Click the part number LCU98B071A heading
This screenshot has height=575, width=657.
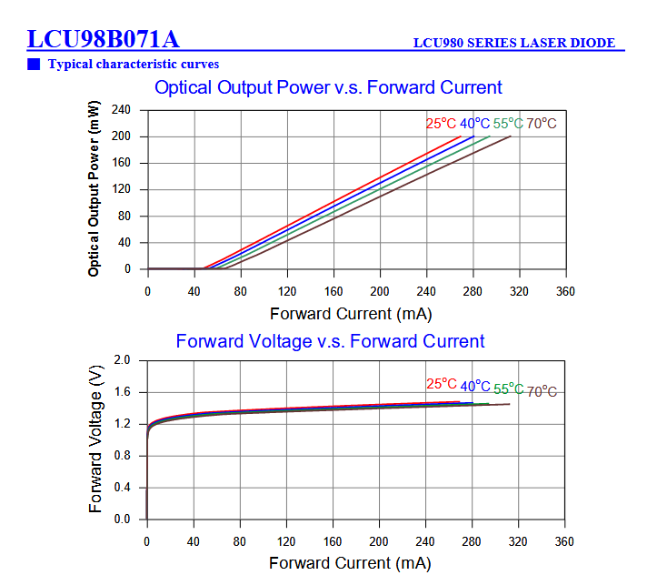pyautogui.click(x=103, y=40)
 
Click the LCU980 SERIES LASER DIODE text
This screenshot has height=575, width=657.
pyautogui.click(x=513, y=43)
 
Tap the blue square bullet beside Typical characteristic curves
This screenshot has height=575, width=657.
pyautogui.click(x=34, y=64)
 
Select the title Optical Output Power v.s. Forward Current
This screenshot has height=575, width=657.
pyautogui.click(x=328, y=87)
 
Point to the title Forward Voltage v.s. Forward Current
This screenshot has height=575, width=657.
pyautogui.click(x=330, y=341)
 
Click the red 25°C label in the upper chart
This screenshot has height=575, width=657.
pyautogui.click(x=441, y=124)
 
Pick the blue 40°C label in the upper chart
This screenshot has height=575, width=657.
pyautogui.click(x=474, y=124)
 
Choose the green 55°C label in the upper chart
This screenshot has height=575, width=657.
pyautogui.click(x=508, y=124)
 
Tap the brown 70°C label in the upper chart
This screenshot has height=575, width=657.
pyautogui.click(x=542, y=124)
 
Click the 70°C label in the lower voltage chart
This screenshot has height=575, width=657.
pyautogui.click(x=542, y=391)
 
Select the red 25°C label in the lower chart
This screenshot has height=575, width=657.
pyautogui.click(x=442, y=384)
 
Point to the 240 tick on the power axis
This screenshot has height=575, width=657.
pyautogui.click(x=121, y=110)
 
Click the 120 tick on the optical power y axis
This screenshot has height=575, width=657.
pyautogui.click(x=121, y=190)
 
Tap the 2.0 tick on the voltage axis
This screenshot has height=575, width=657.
pyautogui.click(x=123, y=361)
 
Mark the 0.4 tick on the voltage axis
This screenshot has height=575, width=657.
pyautogui.click(x=123, y=488)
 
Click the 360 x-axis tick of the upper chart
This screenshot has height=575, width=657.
pyautogui.click(x=565, y=291)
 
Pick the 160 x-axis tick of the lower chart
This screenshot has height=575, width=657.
pyautogui.click(x=333, y=541)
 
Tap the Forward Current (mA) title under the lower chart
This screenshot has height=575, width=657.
pyautogui.click(x=350, y=563)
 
